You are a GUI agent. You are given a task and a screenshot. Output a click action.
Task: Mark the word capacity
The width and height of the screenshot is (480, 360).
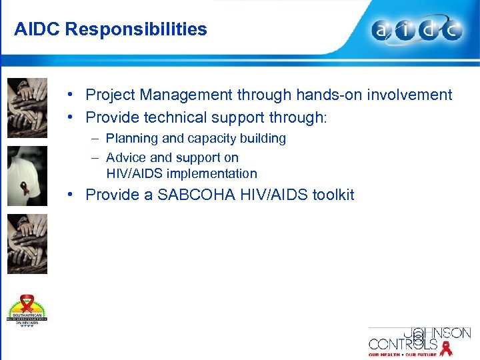211,139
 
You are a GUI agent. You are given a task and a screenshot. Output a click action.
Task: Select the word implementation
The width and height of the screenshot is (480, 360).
211,174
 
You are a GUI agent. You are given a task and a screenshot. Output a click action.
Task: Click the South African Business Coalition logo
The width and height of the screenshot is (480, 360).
27,310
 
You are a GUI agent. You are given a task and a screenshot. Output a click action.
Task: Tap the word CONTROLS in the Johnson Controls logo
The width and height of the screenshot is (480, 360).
403,345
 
